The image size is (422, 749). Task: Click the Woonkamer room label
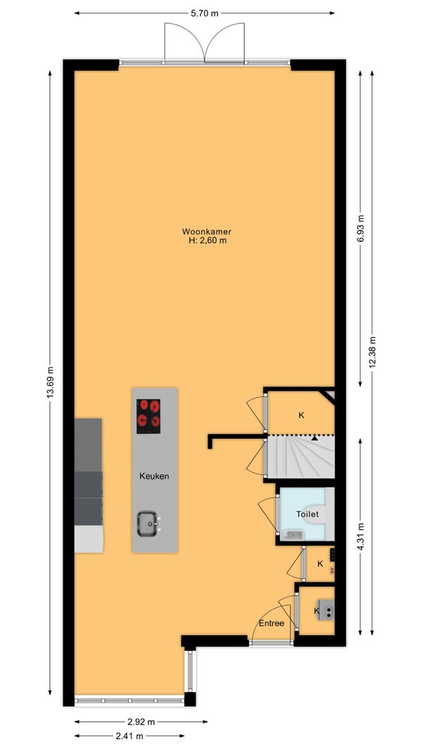coord(207,232)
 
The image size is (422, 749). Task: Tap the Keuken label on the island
coord(154,476)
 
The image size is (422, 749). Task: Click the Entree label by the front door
coord(271,623)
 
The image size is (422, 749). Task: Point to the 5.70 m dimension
coord(205,13)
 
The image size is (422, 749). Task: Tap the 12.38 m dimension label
coord(372,351)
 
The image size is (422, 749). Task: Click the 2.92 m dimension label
coord(141,722)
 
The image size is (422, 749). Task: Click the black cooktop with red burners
coord(148,417)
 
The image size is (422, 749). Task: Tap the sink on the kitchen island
coord(148,523)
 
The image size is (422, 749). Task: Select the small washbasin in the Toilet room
coord(293,535)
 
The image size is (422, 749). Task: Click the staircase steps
coord(300,456)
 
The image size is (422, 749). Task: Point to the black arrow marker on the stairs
coord(314,437)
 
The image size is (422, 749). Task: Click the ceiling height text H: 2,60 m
coord(207,241)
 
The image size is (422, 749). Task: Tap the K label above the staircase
coord(301,415)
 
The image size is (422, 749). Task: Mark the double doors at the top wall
coord(205,43)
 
